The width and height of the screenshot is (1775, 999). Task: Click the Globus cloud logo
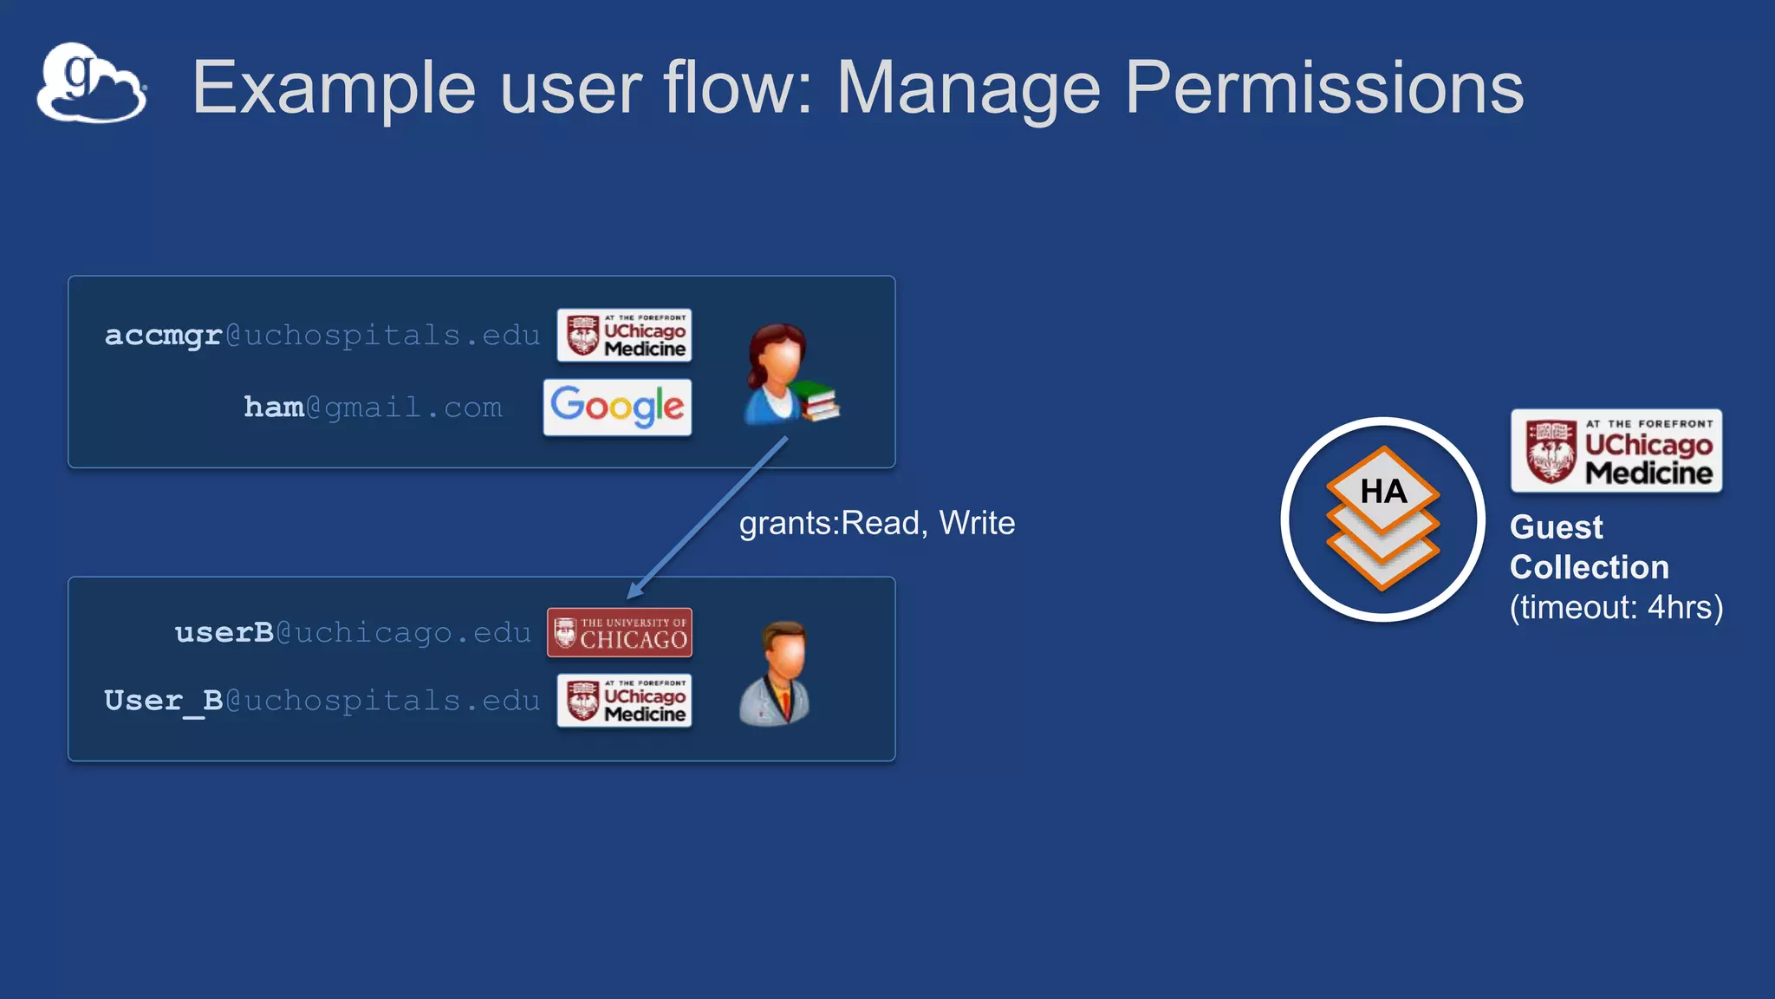click(91, 84)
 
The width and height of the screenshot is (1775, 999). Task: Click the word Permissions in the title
click(1323, 88)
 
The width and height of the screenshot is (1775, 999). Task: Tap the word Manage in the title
click(968, 88)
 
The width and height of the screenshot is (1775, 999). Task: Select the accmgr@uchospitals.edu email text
click(322, 335)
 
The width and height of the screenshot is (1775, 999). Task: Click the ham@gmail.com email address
click(373, 407)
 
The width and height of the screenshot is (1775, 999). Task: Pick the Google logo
click(617, 407)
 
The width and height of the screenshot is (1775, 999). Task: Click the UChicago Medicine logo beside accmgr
click(624, 335)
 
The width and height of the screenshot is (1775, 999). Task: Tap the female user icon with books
click(777, 373)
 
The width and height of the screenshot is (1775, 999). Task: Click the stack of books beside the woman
click(816, 402)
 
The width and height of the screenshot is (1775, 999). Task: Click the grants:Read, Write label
click(876, 523)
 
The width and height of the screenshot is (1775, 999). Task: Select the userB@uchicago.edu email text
click(353, 632)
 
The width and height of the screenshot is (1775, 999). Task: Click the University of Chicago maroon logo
click(619, 632)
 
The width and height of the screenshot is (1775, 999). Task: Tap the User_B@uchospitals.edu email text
click(322, 700)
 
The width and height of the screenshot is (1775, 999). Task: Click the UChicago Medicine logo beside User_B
click(624, 700)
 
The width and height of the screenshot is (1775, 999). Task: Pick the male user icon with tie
click(776, 673)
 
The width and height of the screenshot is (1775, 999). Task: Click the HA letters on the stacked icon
click(1383, 492)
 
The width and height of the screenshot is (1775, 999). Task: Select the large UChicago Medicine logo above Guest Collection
click(1616, 451)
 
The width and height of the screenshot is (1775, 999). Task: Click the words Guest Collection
click(1588, 547)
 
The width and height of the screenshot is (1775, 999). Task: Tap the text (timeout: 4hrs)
click(1616, 607)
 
